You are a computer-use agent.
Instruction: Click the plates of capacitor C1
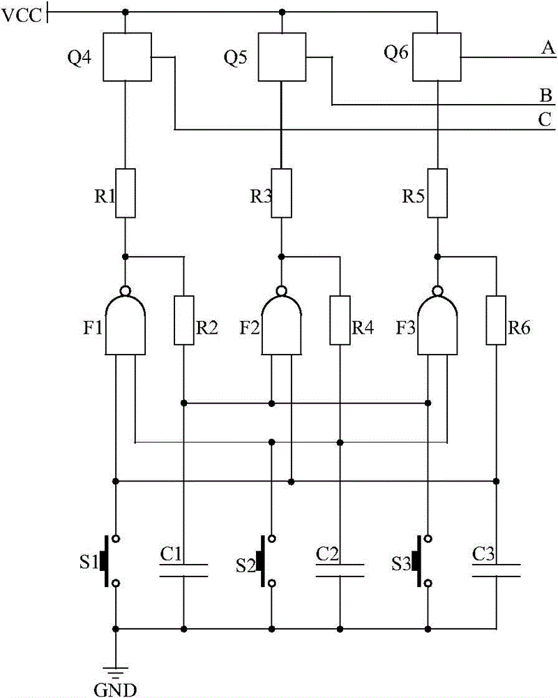click(x=183, y=570)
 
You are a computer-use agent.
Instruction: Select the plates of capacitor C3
click(x=496, y=570)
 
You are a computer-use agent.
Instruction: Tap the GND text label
click(x=115, y=690)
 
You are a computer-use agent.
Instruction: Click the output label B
click(x=546, y=96)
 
